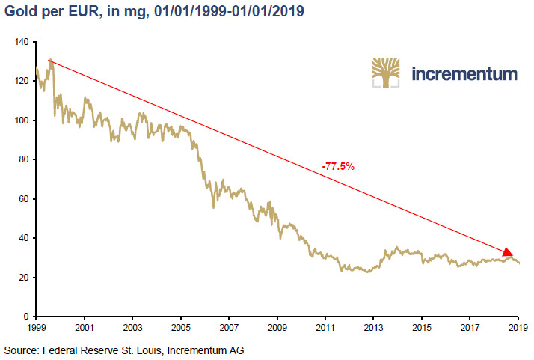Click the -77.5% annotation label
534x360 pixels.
338,166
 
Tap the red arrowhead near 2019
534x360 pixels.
507,252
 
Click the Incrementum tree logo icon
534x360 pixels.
385,73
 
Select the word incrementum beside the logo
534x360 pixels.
464,74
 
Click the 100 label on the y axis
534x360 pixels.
22,120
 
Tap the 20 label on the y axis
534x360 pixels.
23,278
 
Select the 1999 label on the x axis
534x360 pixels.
37,328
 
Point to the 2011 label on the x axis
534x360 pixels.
325,328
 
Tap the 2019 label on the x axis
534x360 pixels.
518,328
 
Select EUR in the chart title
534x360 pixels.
84,11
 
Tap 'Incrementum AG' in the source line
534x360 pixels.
206,350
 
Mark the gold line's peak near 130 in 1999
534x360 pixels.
50,59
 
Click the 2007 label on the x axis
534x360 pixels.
229,328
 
